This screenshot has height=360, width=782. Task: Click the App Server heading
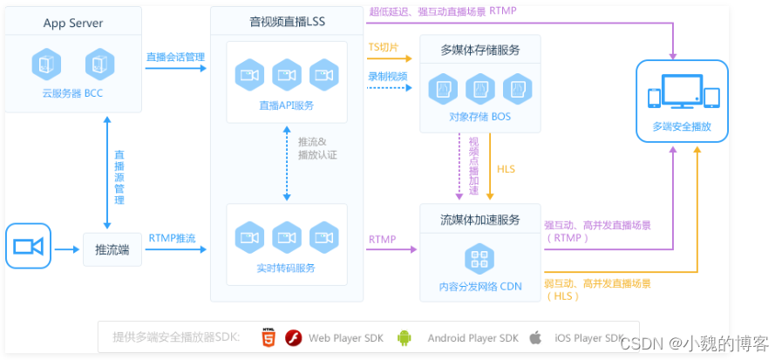point(72,23)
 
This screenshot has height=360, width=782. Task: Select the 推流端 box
point(112,249)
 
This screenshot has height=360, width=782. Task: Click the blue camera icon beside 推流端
point(28,247)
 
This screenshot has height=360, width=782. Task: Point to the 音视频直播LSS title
point(287,20)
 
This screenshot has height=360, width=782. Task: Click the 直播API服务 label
point(286,105)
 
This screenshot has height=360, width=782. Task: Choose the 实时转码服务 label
point(286,267)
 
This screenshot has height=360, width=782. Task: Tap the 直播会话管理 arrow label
point(175,58)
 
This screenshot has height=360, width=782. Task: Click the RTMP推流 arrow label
point(172,237)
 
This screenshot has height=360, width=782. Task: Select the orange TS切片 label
point(384,47)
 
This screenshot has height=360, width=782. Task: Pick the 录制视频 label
point(387,76)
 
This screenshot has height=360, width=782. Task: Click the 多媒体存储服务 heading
point(479,50)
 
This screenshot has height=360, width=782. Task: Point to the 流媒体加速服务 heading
point(479,219)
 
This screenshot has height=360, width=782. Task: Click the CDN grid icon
point(479,257)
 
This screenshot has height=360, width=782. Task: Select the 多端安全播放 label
point(682,126)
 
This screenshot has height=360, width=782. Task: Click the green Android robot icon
point(404,337)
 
